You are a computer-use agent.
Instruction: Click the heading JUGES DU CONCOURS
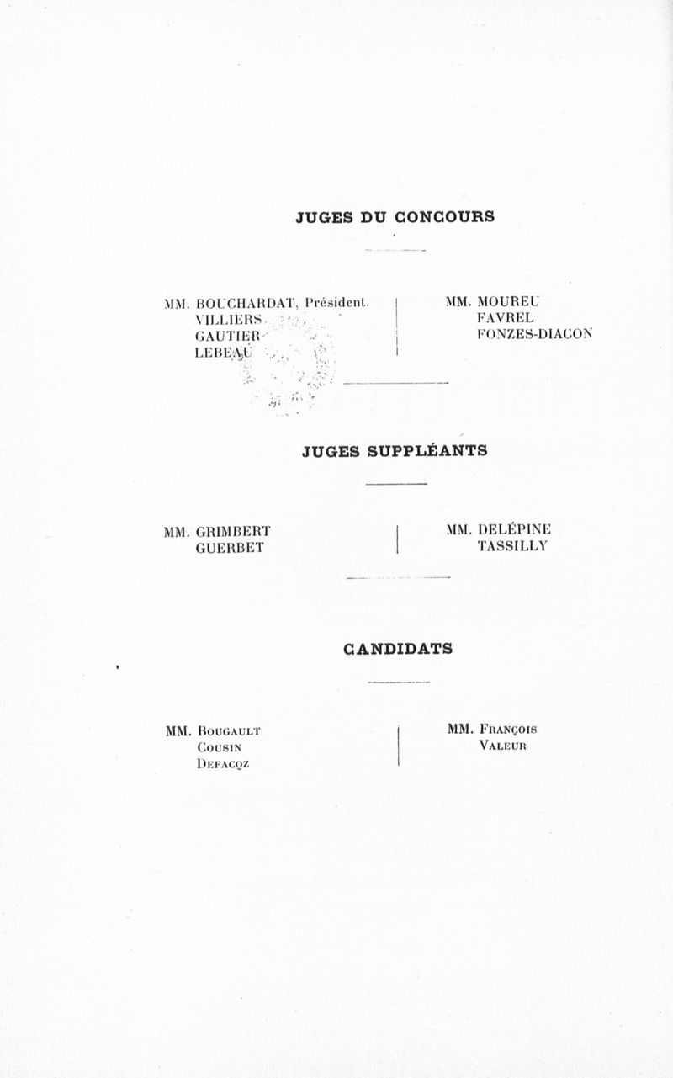[x=395, y=217]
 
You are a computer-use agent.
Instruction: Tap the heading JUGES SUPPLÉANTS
[x=395, y=451]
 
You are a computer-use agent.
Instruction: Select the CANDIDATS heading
[x=398, y=649]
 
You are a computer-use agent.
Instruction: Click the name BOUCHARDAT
[x=246, y=304]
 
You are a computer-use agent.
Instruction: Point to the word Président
[x=337, y=302]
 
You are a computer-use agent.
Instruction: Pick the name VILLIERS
[x=229, y=320]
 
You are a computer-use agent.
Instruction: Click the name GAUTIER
[x=227, y=336]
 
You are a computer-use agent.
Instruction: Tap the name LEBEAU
[x=223, y=353]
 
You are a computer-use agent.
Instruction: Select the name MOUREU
[x=508, y=302]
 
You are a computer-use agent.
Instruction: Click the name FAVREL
[x=506, y=318]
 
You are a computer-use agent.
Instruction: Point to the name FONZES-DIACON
[x=534, y=334]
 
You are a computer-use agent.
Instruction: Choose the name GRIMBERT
[x=233, y=532]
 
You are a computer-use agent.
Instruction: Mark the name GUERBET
[x=230, y=548]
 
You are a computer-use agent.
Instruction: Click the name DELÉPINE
[x=514, y=529]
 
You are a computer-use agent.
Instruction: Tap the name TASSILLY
[x=513, y=546]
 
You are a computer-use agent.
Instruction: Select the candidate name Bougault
[x=229, y=731]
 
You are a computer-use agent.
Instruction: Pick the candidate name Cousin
[x=220, y=748]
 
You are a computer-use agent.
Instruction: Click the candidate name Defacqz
[x=223, y=764]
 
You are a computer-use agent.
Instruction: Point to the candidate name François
[x=508, y=730]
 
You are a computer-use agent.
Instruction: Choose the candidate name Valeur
[x=503, y=746]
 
